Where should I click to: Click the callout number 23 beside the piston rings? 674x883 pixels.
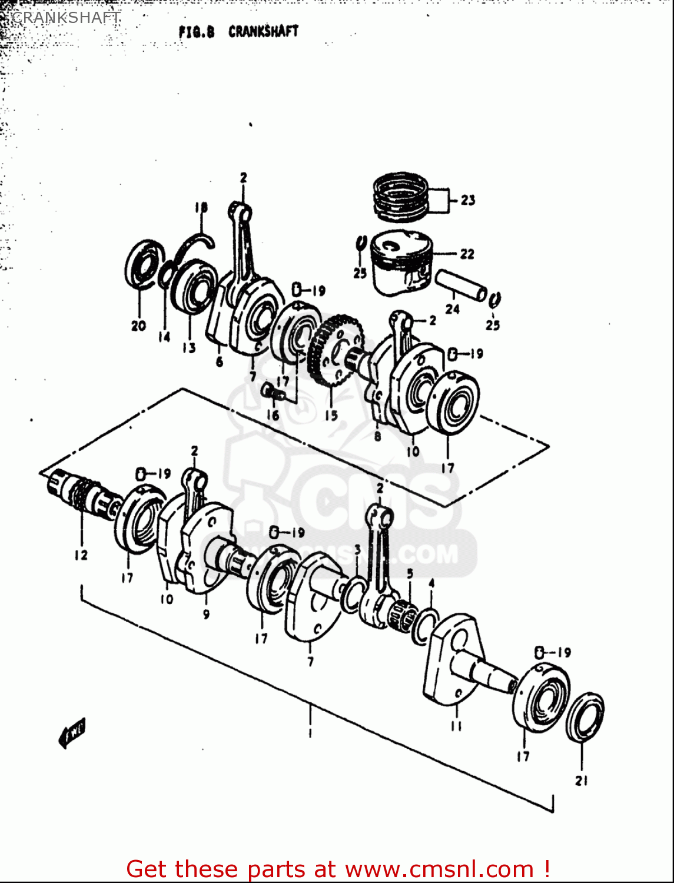coord(468,200)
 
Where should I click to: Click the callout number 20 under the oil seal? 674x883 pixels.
coord(138,326)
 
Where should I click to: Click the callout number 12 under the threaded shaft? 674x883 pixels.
coord(81,555)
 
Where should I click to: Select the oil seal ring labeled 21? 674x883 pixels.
coord(585,717)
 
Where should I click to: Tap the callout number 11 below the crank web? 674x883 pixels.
coord(456,726)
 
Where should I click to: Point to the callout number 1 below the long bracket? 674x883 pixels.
coord(310,733)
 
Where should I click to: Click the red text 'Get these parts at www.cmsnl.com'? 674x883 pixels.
coord(338,869)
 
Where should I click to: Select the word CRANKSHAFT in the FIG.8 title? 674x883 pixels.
coord(263,31)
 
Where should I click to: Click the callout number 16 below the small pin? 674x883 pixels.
coord(273,415)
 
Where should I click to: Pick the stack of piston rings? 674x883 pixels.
coord(400,194)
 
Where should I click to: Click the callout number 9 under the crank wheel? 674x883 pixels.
coord(206,614)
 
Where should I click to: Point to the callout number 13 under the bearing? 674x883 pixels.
coord(189,348)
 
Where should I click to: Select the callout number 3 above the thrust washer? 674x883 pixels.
coord(357,550)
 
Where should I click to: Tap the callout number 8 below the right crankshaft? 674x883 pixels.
coord(377,436)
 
